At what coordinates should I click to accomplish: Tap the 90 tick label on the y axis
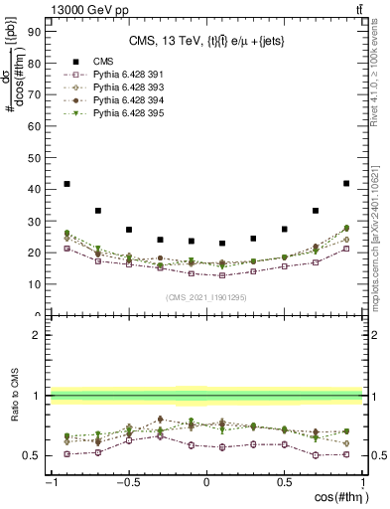tap(34, 30)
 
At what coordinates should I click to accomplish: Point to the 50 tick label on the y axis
tap(34, 157)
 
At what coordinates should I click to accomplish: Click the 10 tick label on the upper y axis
tap(34, 283)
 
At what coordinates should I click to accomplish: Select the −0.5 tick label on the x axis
tap(129, 483)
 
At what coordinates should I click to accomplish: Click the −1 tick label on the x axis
tap(50, 483)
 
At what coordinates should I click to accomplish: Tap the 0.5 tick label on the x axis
tap(284, 483)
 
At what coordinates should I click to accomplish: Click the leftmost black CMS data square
tap(66, 184)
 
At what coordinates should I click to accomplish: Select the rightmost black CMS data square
tap(345, 183)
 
